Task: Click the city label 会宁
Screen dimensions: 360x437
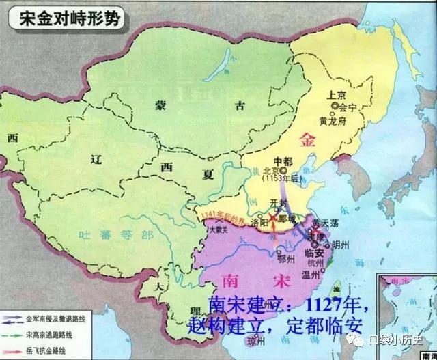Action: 348,107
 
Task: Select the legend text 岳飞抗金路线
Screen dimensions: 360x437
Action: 48,350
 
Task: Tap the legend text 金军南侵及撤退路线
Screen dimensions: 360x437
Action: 57,320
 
